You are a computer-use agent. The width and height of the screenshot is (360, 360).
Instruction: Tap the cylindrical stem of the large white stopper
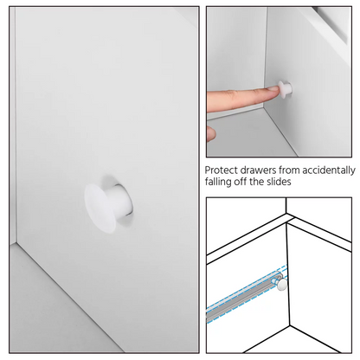click(120, 200)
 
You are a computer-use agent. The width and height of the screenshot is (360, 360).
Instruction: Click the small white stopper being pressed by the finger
click(285, 87)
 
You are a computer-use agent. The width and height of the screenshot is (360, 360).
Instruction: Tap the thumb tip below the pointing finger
click(211, 133)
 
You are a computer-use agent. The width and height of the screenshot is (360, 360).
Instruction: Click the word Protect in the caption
click(221, 170)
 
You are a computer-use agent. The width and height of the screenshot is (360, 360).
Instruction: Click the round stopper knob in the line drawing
click(282, 284)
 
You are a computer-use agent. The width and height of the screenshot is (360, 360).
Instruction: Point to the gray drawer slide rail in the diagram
click(242, 297)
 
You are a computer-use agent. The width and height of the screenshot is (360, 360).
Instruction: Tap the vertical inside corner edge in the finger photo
click(266, 58)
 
